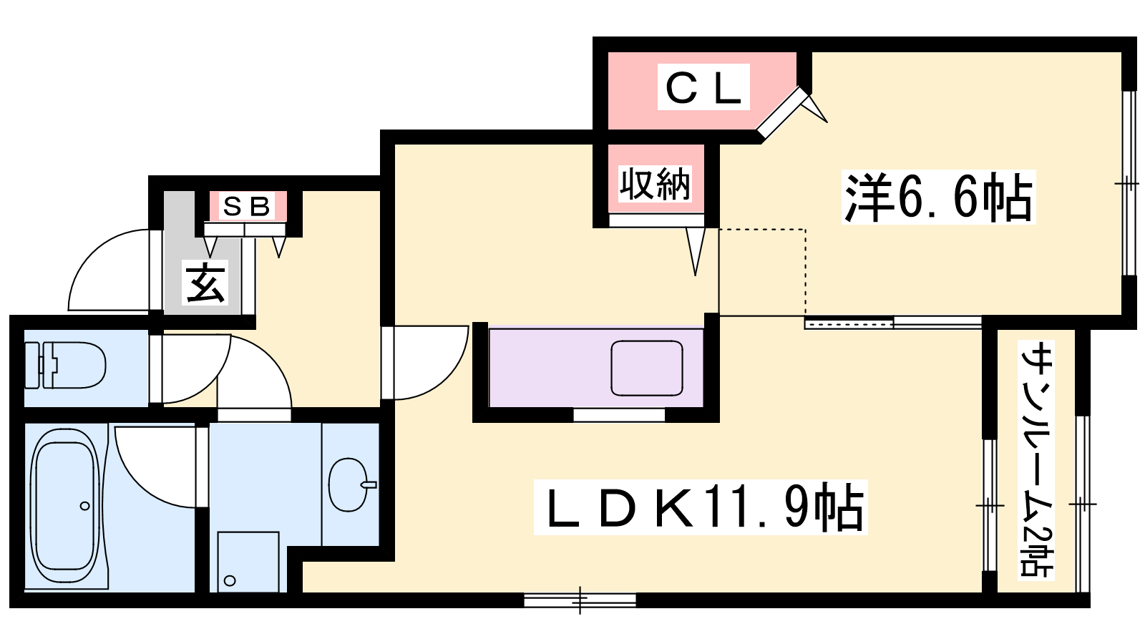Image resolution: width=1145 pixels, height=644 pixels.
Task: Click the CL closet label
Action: pos(703,87)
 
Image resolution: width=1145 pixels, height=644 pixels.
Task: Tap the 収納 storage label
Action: pos(656,183)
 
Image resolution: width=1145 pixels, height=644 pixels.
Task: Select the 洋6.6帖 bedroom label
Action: pos(938,197)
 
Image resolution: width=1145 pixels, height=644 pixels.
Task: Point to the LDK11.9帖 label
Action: pos(701,507)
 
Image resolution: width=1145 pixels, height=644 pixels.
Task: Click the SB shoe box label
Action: pos(248,207)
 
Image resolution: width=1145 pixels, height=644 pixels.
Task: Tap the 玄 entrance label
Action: pos(205,283)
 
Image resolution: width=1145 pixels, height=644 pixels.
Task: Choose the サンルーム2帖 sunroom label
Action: pos(1037,459)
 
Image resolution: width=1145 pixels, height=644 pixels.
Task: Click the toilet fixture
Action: pos(65,366)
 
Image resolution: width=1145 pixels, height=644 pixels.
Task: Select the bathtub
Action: pos(65,506)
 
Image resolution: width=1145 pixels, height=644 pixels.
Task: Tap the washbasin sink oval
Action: pos(350,484)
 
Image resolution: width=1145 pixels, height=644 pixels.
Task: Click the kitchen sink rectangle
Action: pos(647,368)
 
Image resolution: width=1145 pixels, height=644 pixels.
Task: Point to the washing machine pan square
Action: pos(248,562)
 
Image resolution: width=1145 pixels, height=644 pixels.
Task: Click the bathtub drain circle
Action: pos(85,506)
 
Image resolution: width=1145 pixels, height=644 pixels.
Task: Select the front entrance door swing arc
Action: pos(109,270)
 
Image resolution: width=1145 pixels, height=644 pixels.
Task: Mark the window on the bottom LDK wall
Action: pos(580,600)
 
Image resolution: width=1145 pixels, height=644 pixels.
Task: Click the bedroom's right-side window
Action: pos(1129,183)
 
